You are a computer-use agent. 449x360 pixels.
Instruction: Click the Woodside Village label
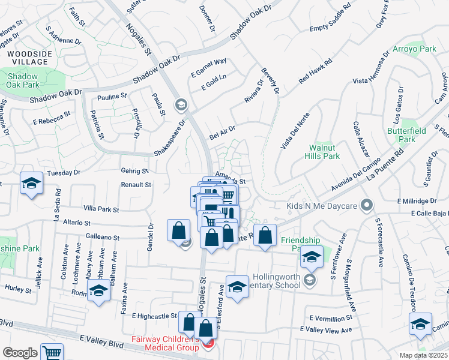tap(28, 58)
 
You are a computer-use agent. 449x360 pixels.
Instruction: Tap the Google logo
tap(20, 353)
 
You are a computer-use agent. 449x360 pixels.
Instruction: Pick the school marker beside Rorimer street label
tap(99, 292)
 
